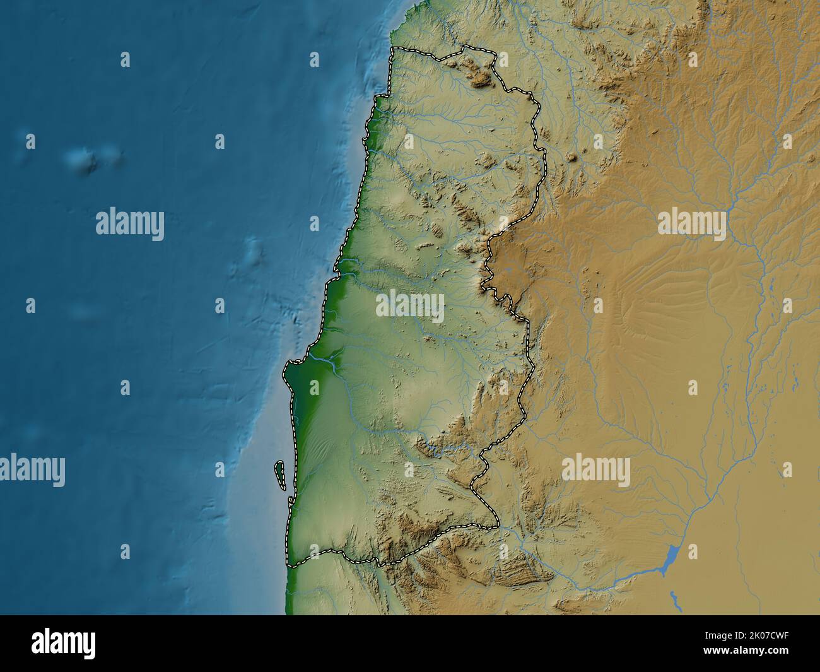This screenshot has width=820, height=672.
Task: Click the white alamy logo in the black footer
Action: tap(64, 643)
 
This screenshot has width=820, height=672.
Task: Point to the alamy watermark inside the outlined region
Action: tap(410, 306)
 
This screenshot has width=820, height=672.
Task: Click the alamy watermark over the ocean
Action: tap(130, 225)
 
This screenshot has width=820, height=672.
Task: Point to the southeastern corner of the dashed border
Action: tap(498, 525)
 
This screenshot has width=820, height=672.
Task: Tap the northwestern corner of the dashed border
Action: tap(392, 49)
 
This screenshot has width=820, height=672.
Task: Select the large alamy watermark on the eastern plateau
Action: tap(692, 225)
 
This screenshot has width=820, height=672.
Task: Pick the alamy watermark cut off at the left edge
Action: tap(32, 470)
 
